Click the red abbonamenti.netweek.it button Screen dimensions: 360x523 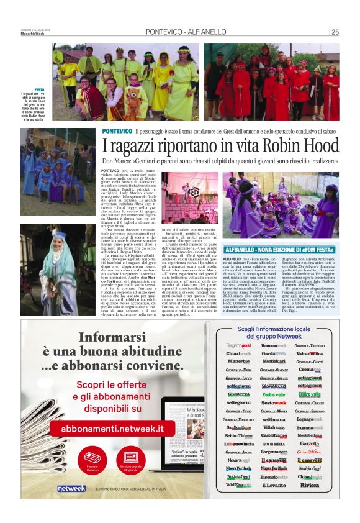point(112,428)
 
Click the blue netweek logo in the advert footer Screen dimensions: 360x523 point(71,488)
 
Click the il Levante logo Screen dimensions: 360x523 point(274,484)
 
